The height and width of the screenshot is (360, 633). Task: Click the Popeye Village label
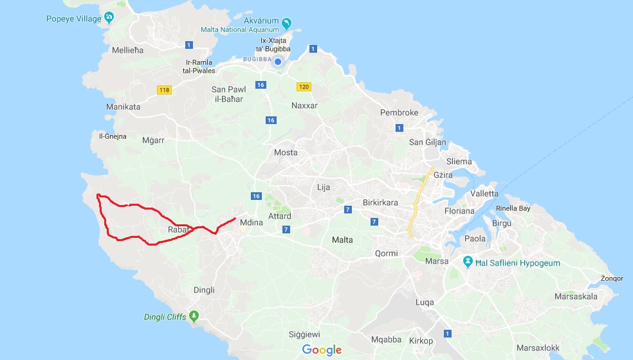73,19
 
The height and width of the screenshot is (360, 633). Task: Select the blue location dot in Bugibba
278,62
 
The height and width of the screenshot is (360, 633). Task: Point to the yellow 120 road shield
304,86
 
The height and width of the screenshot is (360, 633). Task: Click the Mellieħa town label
127,50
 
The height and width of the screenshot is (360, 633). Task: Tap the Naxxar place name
304,105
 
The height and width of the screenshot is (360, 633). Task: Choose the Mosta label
286,152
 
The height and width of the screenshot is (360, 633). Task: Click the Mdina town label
252,223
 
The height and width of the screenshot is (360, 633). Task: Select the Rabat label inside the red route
178,230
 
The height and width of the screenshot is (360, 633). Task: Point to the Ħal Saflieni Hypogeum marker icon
469,262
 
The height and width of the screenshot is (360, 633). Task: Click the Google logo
322,350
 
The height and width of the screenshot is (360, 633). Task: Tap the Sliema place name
458,162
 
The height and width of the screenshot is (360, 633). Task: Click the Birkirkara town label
380,203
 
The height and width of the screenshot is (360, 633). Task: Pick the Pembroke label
399,113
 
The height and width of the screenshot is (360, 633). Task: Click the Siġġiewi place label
304,335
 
